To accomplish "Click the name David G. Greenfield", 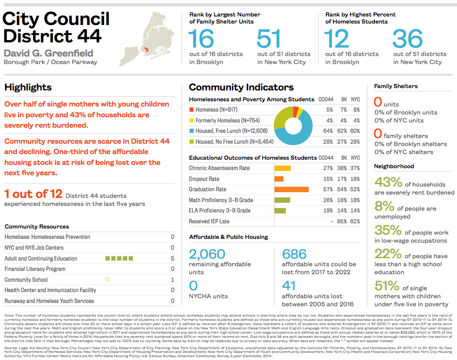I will point(49,53).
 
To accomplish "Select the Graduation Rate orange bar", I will point(291,189).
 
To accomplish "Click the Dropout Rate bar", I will point(279,179).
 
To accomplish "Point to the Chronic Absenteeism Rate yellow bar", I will point(283,168).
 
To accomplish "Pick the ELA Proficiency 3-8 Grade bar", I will point(280,211).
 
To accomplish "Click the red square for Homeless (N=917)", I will point(191,110).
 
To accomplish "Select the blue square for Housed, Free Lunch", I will point(191,131).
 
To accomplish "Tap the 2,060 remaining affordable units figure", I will point(207,254).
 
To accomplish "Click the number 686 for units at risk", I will point(294,254).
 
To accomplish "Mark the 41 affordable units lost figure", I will point(289,286).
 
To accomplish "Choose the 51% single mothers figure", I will point(387,286).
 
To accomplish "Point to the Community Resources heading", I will point(37,227).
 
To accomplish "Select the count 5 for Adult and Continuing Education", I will point(173,258).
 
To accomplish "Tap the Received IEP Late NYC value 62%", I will point(355,221).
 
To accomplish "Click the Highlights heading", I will point(28,87).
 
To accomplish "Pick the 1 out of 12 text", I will point(33,194).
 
